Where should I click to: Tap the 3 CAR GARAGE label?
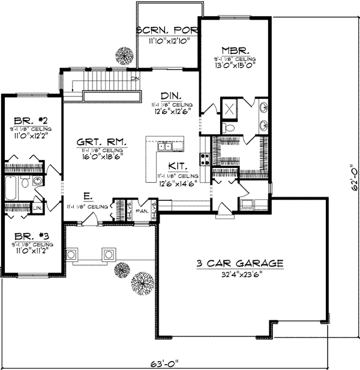click(239, 263)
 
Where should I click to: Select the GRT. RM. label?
click(101, 142)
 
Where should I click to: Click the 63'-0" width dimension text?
click(164, 363)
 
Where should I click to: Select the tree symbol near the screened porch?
click(124, 55)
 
